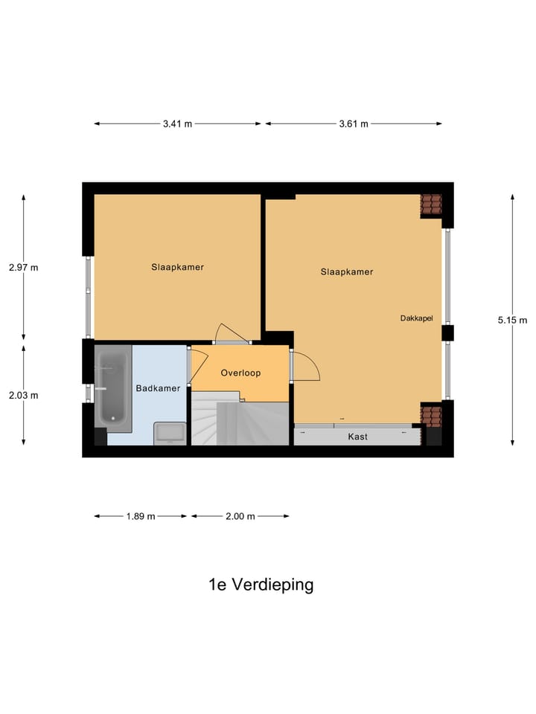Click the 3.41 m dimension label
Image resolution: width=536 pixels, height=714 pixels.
point(177,124)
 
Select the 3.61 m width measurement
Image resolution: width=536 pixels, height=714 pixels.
point(354,124)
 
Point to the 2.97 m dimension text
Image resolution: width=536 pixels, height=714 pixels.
point(23,268)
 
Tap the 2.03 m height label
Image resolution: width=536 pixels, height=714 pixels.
point(23,395)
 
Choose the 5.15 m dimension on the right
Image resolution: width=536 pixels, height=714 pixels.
point(512,321)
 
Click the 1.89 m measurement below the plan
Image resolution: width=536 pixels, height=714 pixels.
point(141,516)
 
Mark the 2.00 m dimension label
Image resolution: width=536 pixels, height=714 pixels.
point(240,516)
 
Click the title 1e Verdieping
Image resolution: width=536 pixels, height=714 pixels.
point(261,585)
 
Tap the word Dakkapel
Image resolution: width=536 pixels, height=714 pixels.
point(417,318)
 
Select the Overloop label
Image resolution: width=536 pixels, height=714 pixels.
point(240,373)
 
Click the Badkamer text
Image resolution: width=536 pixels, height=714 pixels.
point(158,388)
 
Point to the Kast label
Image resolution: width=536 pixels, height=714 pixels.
point(358,437)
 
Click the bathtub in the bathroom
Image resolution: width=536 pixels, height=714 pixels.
point(112,390)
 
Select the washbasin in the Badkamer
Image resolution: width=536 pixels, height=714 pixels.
point(170,433)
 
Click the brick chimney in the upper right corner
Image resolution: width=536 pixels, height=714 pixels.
point(431,205)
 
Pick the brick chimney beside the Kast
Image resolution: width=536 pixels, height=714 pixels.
point(430,414)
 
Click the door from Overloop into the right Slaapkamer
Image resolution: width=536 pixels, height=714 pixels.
point(305,364)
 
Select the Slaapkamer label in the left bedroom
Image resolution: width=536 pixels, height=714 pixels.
point(177,267)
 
